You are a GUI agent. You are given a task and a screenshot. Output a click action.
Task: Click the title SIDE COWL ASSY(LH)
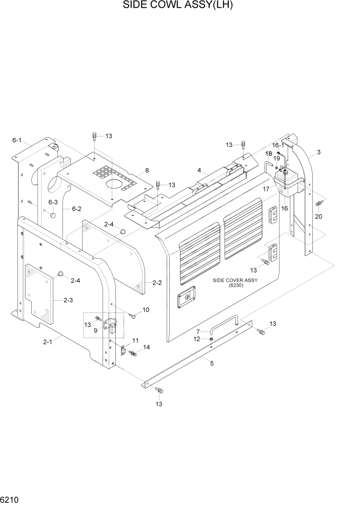coord(181,7)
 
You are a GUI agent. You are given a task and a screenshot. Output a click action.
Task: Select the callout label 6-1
coord(17,140)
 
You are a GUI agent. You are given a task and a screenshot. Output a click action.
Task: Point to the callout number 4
coord(198,170)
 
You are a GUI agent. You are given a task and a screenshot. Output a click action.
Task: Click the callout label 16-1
coord(278,145)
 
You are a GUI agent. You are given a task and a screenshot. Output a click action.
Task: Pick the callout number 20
coord(319,217)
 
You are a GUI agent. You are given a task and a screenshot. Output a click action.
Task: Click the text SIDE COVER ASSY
coord(235,280)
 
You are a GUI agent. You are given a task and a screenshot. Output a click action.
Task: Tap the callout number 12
coord(196,339)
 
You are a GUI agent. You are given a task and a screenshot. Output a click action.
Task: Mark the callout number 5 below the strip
coord(211,363)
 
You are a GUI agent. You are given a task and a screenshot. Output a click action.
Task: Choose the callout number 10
coord(146,310)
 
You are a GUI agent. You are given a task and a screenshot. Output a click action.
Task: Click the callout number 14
coord(147,347)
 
